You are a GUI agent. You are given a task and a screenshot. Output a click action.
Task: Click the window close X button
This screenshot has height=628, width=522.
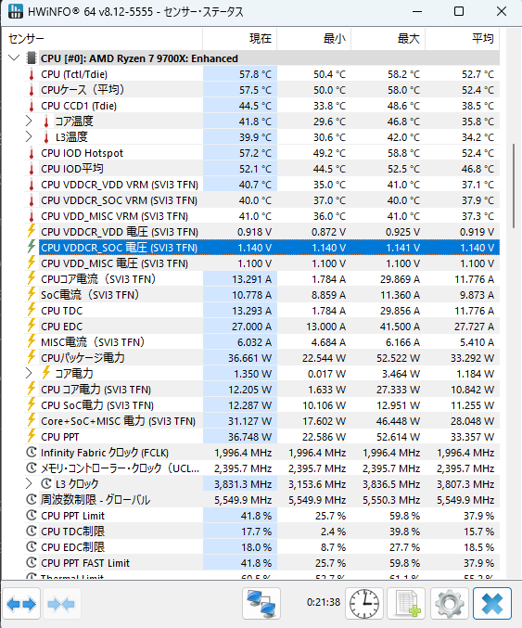pyautogui.click(x=502, y=11)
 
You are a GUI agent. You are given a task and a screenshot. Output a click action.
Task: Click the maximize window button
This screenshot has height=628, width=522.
pyautogui.click(x=459, y=11)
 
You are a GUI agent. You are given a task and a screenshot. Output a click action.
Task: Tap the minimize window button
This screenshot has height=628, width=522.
pyautogui.click(x=417, y=12)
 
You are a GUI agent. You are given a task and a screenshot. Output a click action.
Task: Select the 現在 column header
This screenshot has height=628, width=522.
pyautogui.click(x=261, y=38)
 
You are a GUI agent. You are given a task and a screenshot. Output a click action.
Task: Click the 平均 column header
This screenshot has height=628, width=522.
pyautogui.click(x=483, y=38)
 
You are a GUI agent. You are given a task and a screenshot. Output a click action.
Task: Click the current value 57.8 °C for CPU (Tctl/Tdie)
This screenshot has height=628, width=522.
pyautogui.click(x=255, y=74)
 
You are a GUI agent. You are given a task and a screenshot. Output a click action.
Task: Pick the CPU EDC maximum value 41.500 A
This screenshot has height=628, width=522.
pyautogui.click(x=400, y=327)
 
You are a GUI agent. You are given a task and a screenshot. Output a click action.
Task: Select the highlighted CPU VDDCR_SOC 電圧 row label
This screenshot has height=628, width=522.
pyautogui.click(x=120, y=248)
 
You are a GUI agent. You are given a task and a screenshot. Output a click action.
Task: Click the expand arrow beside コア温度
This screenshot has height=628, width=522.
pyautogui.click(x=29, y=121)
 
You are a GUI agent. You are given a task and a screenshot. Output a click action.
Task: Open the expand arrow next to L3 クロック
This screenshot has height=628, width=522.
pyautogui.click(x=29, y=484)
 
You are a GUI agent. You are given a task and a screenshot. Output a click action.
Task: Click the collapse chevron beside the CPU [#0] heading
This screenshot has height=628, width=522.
pyautogui.click(x=14, y=58)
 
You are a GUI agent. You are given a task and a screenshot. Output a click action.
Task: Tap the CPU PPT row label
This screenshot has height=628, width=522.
pyautogui.click(x=60, y=437)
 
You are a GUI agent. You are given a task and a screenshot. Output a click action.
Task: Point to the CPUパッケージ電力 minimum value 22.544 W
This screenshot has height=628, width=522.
pyautogui.click(x=324, y=358)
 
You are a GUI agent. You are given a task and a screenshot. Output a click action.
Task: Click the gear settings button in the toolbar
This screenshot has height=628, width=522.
pyautogui.click(x=449, y=603)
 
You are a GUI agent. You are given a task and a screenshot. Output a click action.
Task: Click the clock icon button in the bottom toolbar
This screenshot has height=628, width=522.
pyautogui.click(x=363, y=603)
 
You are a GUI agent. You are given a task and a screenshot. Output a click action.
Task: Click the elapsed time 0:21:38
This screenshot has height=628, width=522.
pyautogui.click(x=324, y=602)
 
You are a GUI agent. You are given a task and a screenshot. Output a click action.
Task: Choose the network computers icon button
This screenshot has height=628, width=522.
pyautogui.click(x=261, y=603)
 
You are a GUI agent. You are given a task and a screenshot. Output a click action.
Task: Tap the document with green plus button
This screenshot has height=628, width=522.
pyautogui.click(x=407, y=603)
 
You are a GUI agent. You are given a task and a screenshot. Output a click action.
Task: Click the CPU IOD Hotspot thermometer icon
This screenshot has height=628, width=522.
pyautogui.click(x=32, y=153)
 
